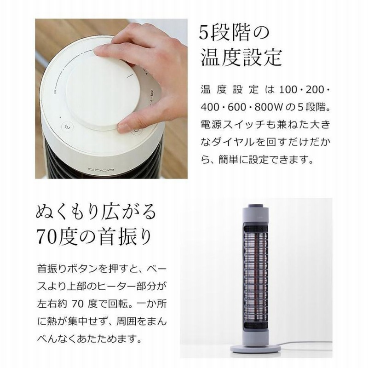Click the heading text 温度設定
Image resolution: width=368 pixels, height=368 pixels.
241,58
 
